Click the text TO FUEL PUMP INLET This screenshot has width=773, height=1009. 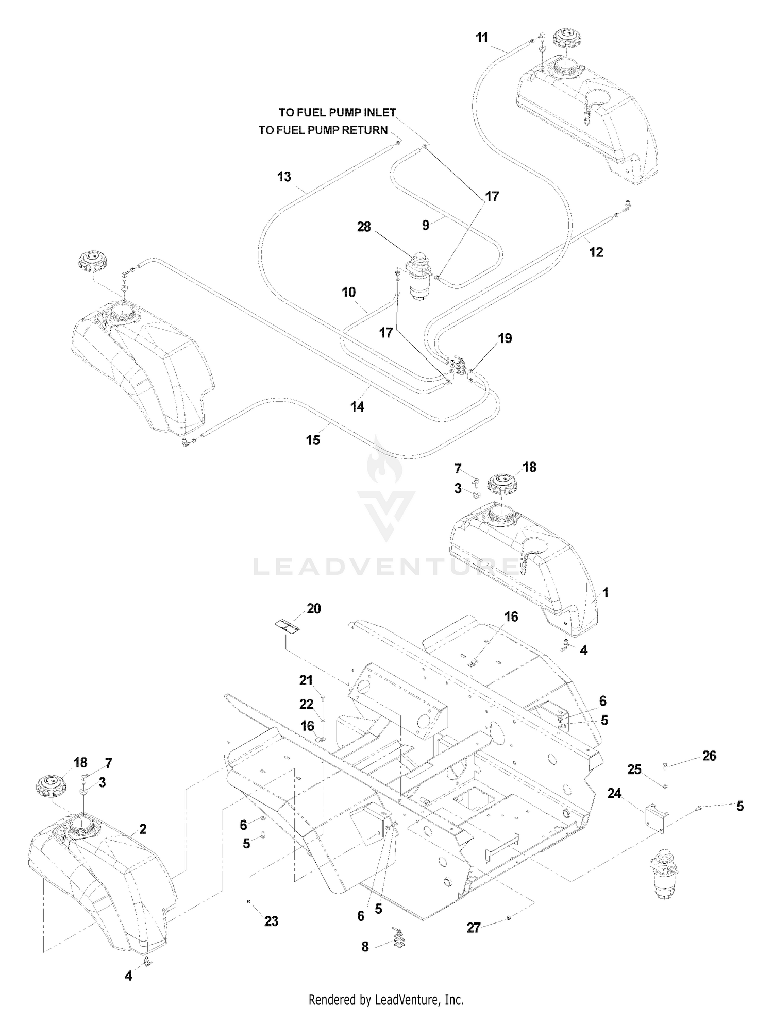[338, 112]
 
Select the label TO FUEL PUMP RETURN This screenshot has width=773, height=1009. [323, 130]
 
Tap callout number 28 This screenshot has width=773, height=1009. [364, 227]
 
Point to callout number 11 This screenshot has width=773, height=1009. [482, 38]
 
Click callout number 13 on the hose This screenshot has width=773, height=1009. [284, 177]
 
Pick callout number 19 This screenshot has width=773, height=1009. [505, 338]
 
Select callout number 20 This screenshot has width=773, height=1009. [313, 608]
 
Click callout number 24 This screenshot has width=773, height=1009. [614, 793]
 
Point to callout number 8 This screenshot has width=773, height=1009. [365, 946]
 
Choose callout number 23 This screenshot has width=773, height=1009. [271, 920]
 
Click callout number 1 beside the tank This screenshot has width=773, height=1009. [606, 593]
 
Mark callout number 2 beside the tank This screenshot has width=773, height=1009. [143, 829]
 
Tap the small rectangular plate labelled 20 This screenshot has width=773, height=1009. [287, 627]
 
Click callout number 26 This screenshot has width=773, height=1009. [709, 756]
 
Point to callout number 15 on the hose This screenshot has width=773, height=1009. [313, 440]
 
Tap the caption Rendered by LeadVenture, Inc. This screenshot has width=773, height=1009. [386, 1000]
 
